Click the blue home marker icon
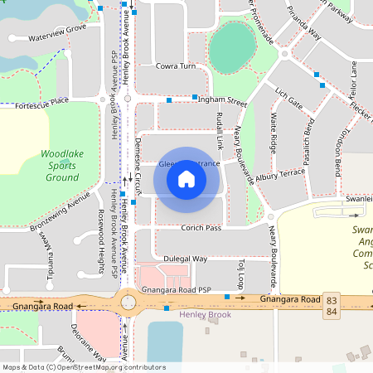186,179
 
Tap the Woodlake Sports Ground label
62,165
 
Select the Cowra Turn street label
176,65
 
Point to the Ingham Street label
220,100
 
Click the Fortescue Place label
41,102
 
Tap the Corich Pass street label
201,228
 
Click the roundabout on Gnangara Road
128,301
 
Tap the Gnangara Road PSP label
177,291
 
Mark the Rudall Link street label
220,132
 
